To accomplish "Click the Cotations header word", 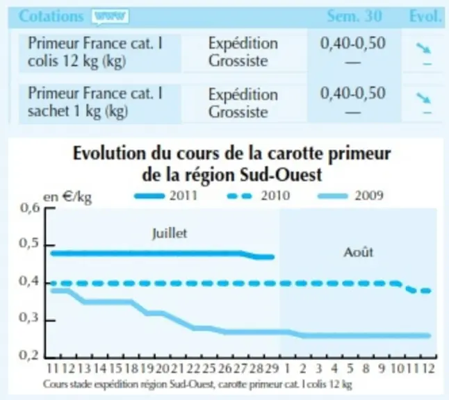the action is pos(51,16).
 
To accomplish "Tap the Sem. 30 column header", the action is pos(354,16).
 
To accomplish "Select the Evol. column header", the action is pos(425,16).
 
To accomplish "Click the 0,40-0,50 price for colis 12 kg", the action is pos(353,43).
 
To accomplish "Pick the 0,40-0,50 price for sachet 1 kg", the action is pos(353,93).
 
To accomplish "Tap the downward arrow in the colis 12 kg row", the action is pos(423,48).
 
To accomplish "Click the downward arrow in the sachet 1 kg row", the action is pos(423,98).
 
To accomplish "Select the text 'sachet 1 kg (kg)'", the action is pos(78,111).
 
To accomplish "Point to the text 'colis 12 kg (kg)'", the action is pos(76,61).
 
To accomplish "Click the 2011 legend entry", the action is pos(166,196).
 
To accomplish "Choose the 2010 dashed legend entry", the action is pos(259,196).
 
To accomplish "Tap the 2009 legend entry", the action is pos(351,196).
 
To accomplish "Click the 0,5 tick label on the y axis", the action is pos(29,244).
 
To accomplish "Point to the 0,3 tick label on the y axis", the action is pos(29,317).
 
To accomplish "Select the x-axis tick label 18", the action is pos(131,369).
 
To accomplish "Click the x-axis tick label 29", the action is pos(272,369).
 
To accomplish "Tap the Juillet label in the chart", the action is pos(170,233).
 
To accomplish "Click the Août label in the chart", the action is pos(359,252).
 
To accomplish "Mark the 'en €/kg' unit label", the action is pos(67,197).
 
